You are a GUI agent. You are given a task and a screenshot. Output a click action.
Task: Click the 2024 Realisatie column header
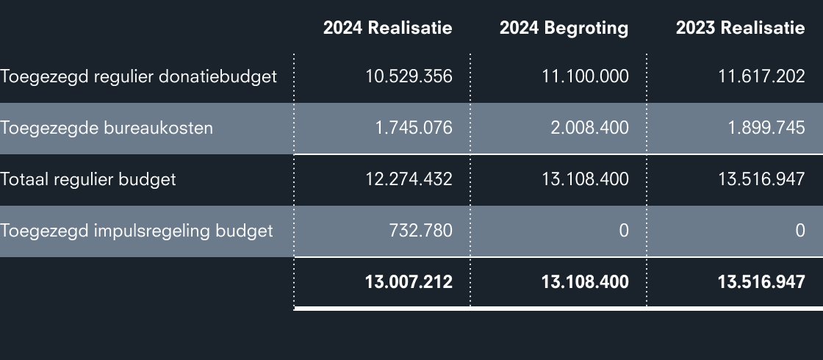[x=387, y=28]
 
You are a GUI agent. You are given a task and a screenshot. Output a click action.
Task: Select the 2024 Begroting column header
[x=564, y=28]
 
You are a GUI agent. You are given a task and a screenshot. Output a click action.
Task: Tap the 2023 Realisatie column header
[x=740, y=28]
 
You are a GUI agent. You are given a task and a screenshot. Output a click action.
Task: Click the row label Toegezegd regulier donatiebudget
[x=138, y=76]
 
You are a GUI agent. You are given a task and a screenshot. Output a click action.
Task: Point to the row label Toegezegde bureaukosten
[x=107, y=128]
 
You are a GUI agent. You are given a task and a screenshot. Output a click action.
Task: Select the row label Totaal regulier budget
[x=88, y=179]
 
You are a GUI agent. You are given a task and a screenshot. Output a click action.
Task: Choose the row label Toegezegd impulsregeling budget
[x=137, y=231]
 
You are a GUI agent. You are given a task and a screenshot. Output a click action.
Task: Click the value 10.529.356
[x=409, y=76]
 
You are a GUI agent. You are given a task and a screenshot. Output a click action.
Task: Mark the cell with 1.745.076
[x=413, y=128]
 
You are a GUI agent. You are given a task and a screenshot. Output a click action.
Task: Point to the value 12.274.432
[x=409, y=179]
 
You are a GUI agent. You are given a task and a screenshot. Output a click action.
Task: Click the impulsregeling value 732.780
[x=420, y=231]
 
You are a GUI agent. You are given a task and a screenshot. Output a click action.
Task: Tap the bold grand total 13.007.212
[x=409, y=282]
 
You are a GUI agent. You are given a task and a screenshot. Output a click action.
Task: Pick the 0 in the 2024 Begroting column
[x=623, y=231]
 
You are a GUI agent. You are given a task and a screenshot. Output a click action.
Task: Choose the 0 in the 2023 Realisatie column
[x=799, y=231]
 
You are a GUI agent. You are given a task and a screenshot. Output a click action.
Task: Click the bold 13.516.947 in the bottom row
[x=761, y=282]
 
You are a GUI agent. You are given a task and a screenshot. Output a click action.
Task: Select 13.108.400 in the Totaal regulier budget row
[x=585, y=179]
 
